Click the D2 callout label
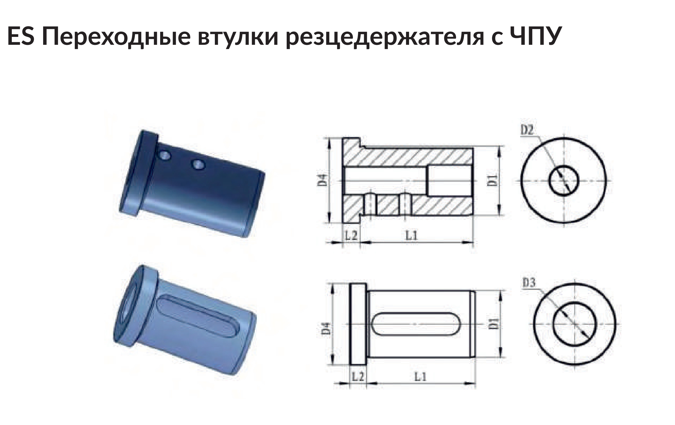(527, 130)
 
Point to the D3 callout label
(529, 283)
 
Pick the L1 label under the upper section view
(411, 235)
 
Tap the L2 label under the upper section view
(351, 235)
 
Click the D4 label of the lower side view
(325, 328)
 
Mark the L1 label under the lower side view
(420, 377)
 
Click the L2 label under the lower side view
(358, 377)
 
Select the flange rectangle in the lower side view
(358, 324)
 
